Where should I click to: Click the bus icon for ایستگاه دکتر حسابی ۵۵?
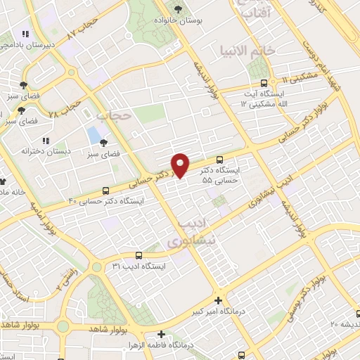[220, 160]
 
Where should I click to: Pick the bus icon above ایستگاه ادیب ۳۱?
[138, 255]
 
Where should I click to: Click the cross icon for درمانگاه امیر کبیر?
[219, 300]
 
